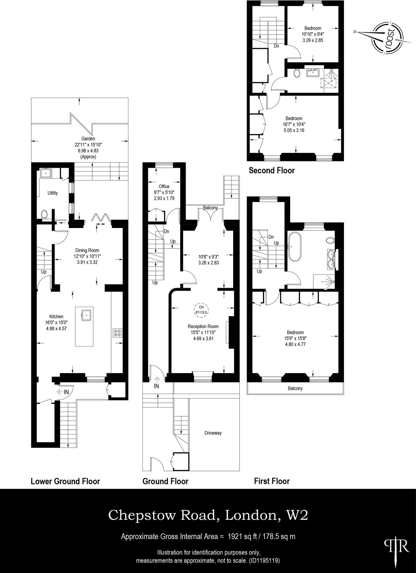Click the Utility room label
pos(52,193)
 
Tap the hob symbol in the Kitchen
pos(118,332)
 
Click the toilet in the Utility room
pos(44,214)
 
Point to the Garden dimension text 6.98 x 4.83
pos(88,151)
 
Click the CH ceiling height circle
pos(201,309)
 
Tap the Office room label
pos(164,186)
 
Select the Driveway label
pos(213,433)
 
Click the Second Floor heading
pos(271,170)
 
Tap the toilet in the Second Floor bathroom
pos(297,73)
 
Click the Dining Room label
pos(87,250)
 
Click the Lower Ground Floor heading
pos(65,481)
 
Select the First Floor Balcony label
pos(295,388)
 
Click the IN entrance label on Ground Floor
pos(156,386)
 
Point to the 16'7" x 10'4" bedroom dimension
pos(294,124)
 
